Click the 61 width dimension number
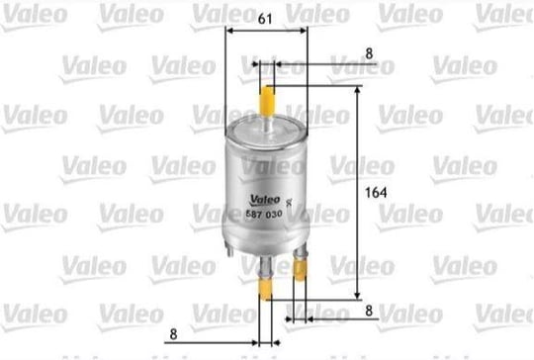pos(265,19)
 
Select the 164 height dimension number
pos(376,193)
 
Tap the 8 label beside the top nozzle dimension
pos(369,53)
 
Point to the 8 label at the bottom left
pos(173,334)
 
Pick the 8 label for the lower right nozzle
pos(369,311)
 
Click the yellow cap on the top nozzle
pos(266,101)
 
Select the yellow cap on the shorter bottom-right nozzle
pos(300,269)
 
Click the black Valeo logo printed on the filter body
pos(265,200)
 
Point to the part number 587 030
pos(264,215)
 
